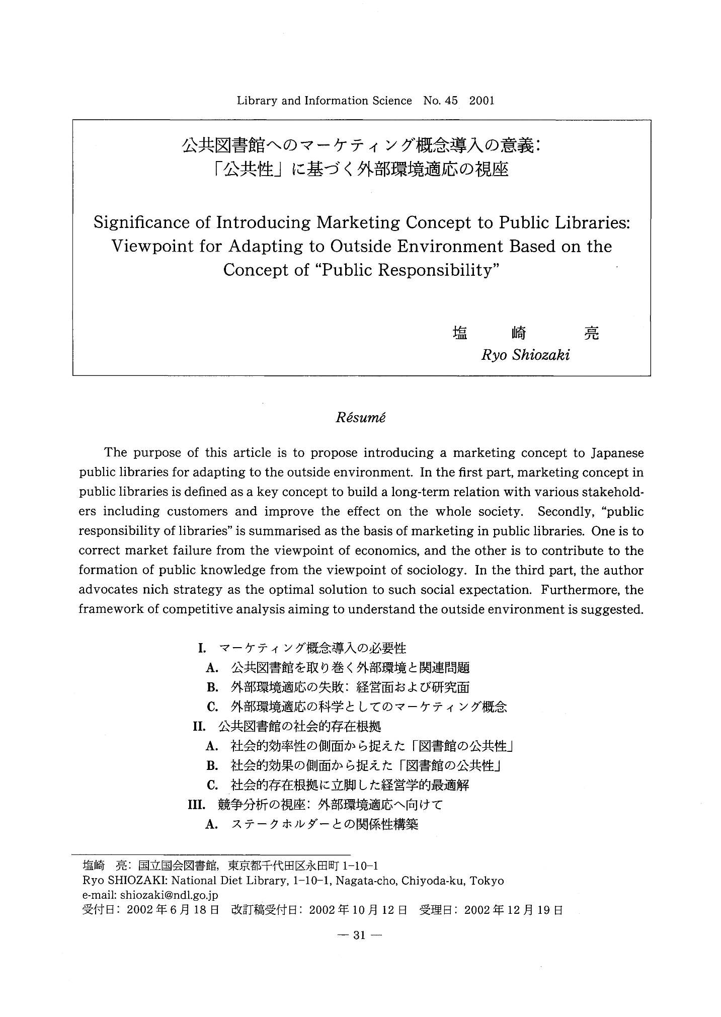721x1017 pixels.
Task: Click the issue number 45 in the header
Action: point(451,101)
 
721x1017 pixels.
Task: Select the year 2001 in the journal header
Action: point(482,101)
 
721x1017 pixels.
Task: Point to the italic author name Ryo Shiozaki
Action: point(525,355)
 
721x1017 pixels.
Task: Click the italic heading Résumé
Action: point(360,419)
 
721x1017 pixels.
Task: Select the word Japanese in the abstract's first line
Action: point(616,453)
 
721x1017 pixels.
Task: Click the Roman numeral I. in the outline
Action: point(202,648)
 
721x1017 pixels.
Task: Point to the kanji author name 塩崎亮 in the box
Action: point(525,334)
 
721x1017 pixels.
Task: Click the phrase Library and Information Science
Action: point(324,101)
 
